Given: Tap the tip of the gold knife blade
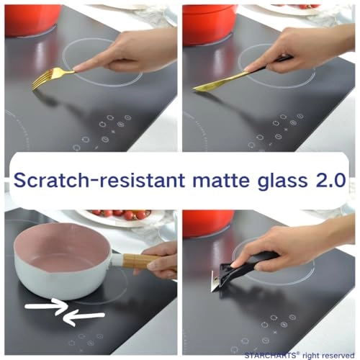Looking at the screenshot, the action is pos(194,89).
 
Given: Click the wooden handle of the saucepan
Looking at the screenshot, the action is pos(138,261).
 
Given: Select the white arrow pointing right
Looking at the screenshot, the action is pos(46,306).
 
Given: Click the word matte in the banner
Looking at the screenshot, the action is pos(221,181).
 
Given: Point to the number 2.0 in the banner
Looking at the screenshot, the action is pos(330,180).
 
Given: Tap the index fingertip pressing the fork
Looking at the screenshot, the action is pos(76,70).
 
